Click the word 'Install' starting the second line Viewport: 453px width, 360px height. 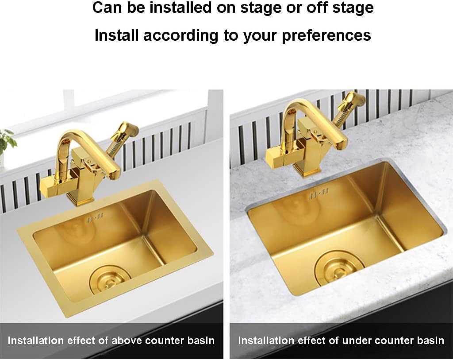116,35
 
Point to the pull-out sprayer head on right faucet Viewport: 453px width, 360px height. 353,101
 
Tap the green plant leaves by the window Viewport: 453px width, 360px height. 7,139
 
